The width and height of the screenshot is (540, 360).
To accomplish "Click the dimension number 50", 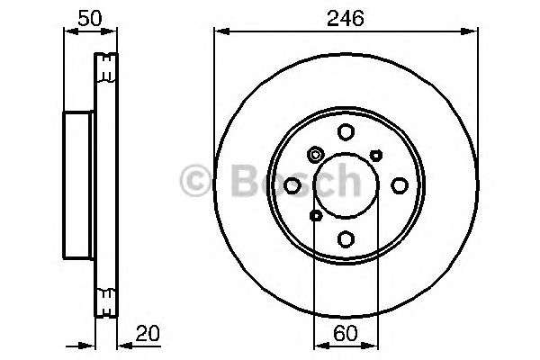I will click(x=87, y=17).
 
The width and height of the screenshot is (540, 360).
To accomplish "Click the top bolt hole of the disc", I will click(x=346, y=132).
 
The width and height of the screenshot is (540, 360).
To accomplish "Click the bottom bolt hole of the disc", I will click(x=346, y=238).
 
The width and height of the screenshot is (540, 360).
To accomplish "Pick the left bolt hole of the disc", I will click(x=292, y=185).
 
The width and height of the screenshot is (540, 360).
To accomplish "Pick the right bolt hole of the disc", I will click(x=399, y=185).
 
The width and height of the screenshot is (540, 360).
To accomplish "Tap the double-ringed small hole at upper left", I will click(x=315, y=155).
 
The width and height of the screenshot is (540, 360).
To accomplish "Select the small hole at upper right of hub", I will click(x=375, y=155).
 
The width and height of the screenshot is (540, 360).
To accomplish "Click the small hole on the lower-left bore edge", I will click(x=315, y=216).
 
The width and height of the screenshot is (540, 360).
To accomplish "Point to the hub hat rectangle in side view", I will click(x=77, y=184).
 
